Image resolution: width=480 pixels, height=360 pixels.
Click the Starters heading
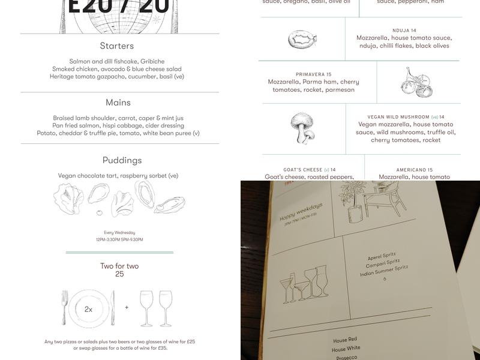[117, 46]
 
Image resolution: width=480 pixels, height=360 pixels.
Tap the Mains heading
[118, 103]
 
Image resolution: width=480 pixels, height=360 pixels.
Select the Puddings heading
[122, 160]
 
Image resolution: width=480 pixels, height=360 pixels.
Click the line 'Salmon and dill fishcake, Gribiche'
[117, 61]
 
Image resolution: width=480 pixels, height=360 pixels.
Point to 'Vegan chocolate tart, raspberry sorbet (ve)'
[118, 176]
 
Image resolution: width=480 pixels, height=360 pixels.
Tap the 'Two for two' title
[119, 266]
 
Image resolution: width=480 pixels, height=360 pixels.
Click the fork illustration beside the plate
[65, 308]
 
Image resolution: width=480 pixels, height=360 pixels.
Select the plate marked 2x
[88, 309]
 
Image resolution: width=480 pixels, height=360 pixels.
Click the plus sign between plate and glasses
[127, 308]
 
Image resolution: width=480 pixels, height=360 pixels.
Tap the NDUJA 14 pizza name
[404, 30]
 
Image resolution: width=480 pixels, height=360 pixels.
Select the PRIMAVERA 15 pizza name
[313, 74]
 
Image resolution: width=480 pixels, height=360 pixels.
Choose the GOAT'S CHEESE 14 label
[310, 170]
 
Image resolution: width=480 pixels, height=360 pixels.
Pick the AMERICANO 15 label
[414, 170]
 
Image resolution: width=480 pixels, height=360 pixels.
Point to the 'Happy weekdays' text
[301, 212]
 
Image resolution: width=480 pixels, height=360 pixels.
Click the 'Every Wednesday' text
[119, 232]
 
